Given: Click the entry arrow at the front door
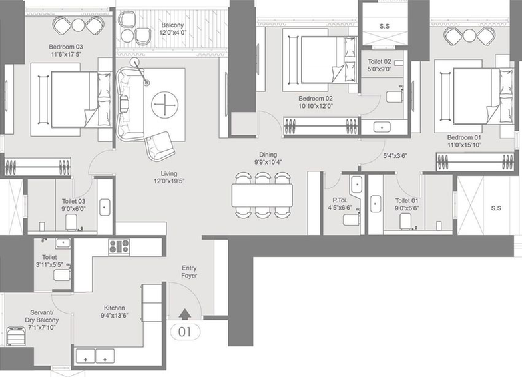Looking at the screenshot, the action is [185, 314].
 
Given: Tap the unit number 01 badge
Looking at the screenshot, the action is [185, 332].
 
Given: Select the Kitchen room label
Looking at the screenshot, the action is [115, 308].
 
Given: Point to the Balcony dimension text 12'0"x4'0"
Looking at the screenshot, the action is [173, 33].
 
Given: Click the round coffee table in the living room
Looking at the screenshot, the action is [164, 104].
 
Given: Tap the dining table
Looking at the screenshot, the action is [262, 195].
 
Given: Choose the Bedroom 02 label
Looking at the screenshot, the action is [316, 99].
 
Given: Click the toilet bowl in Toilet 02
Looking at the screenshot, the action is [394, 97].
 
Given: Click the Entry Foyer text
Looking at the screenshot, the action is [189, 272].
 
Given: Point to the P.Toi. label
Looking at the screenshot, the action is [340, 200].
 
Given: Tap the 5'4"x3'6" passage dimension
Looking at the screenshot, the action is [395, 156].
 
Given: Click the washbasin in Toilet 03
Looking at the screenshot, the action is [105, 207].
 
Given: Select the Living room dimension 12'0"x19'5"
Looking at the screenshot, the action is [169, 181].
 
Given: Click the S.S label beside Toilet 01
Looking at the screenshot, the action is [496, 208].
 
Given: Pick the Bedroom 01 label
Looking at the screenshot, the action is [464, 137].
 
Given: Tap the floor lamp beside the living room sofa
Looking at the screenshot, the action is [140, 71].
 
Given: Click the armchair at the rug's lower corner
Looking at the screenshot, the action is [160, 146].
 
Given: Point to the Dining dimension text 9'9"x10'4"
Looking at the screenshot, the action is [268, 163].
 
